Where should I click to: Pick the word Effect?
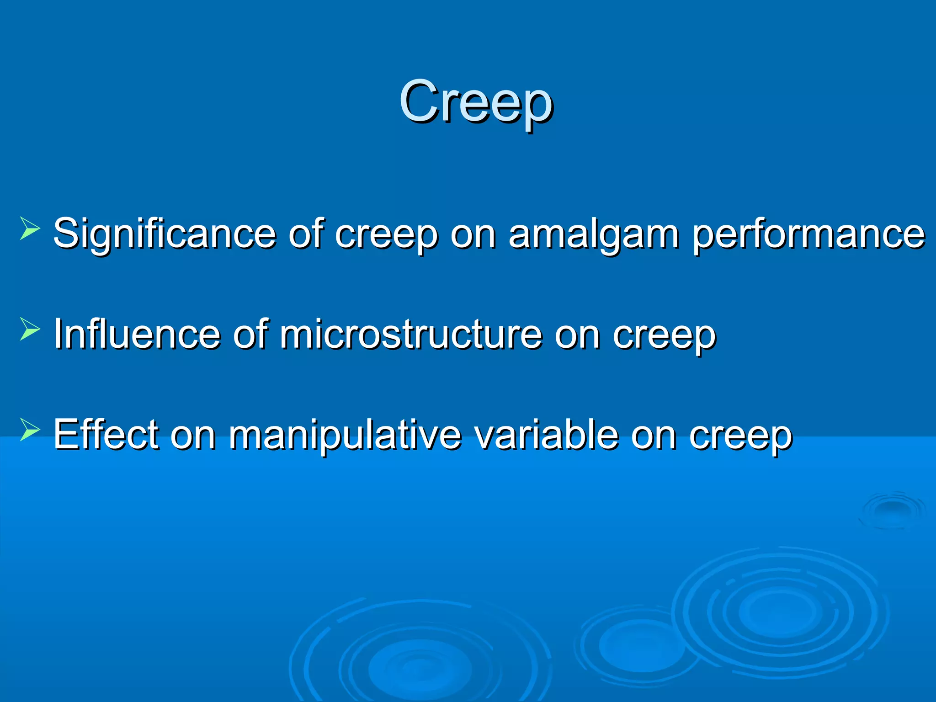tap(106, 434)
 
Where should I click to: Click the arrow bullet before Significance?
tap(30, 230)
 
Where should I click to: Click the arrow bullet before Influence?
tap(30, 330)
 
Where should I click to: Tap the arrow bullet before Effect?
tap(30, 430)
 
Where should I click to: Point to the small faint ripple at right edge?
tap(891, 510)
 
